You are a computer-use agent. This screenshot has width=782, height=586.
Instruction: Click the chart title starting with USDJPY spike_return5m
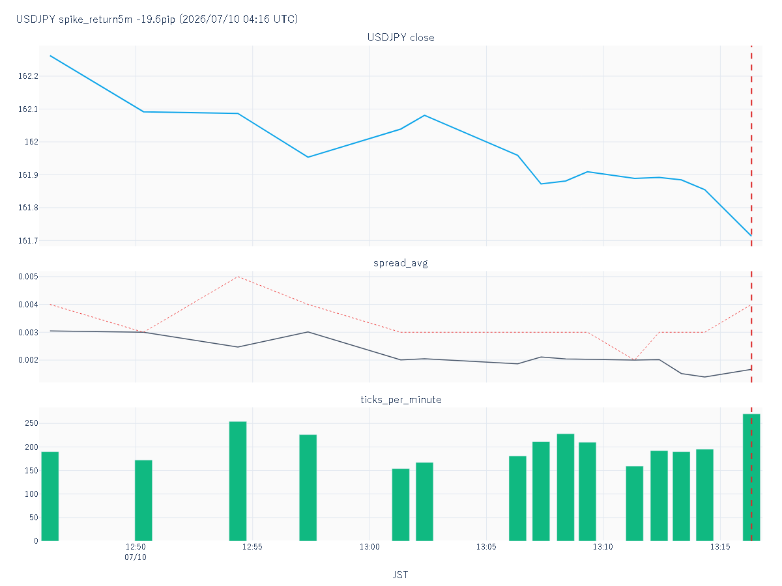coord(157,19)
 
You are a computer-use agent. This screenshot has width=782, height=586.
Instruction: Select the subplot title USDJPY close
coord(401,37)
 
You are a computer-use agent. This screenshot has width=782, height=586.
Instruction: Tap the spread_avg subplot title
coord(401,263)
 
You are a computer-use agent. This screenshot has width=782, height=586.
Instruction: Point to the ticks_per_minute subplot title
coord(401,400)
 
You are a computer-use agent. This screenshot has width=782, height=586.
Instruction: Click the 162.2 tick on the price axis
coord(28,76)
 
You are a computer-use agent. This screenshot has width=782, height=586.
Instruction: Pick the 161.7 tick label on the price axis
coord(28,240)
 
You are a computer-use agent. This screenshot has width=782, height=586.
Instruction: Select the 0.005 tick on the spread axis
coord(28,277)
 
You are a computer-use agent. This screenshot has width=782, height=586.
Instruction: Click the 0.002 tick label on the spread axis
coord(28,360)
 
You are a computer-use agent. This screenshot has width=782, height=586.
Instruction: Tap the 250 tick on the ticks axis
coord(31,423)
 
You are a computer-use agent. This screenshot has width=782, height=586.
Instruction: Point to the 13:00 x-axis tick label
coord(369,547)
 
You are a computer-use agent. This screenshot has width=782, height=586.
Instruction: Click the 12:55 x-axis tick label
coord(252,547)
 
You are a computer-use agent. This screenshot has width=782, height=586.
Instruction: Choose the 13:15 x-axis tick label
coord(720,547)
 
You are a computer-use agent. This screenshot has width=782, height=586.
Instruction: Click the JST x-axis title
coord(400,575)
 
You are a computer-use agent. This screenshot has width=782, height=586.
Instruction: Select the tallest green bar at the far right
coord(751,477)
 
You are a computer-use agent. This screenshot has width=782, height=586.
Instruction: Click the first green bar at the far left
coord(50,496)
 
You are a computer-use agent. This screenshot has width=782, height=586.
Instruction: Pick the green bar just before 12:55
coord(238,481)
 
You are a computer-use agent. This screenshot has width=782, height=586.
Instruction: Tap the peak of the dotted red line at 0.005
coord(238,277)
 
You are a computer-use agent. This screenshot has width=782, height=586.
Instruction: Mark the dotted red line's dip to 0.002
coord(635,360)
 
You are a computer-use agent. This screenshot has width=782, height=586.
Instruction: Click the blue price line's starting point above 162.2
coord(50,55)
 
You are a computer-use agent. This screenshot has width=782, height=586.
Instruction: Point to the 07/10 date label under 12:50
coord(136,557)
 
